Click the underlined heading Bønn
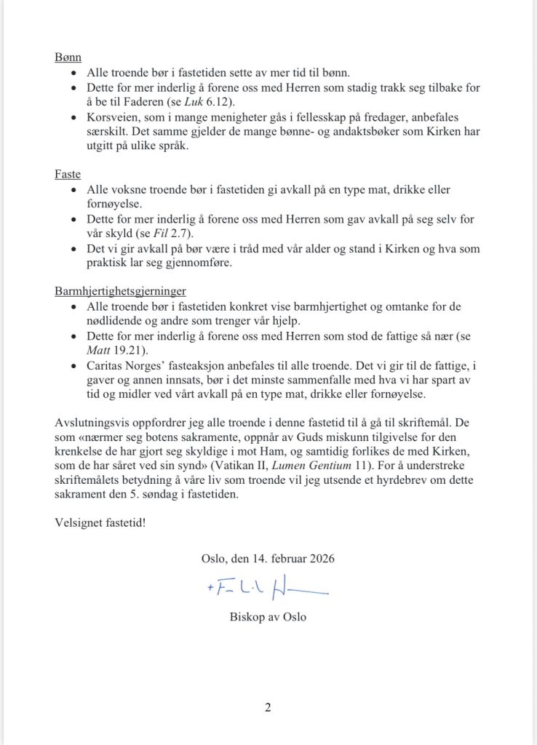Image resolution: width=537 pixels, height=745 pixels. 68,57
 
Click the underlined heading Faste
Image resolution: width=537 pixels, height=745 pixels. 68,175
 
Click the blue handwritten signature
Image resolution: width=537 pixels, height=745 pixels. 268,590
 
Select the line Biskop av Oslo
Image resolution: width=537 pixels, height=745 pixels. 268,618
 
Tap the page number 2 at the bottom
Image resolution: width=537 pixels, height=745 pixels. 268,706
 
